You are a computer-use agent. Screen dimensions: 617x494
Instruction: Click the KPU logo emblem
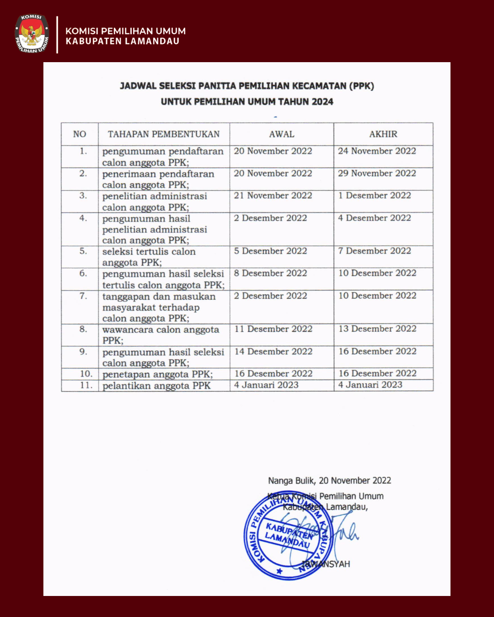(x=32, y=34)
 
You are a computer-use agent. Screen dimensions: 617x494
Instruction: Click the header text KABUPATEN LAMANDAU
(x=122, y=41)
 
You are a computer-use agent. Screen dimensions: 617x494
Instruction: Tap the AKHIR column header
(x=383, y=134)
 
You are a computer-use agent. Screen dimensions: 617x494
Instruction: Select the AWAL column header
(x=281, y=134)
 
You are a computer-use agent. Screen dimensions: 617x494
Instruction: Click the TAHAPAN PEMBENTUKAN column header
(x=164, y=134)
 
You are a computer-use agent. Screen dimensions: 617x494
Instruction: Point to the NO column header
(x=80, y=134)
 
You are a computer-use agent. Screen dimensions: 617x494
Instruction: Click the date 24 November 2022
(x=377, y=151)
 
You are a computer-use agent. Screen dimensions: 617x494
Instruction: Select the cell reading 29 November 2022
(x=377, y=173)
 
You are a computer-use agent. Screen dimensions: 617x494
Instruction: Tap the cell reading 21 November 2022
(x=273, y=196)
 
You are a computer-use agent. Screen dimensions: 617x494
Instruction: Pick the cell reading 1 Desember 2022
(x=375, y=196)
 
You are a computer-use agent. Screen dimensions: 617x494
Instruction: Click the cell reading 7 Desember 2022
(x=375, y=251)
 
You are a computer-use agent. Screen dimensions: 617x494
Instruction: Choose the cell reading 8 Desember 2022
(x=270, y=273)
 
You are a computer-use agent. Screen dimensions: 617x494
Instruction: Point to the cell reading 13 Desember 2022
(x=377, y=329)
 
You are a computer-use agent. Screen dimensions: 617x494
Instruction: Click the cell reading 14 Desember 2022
(x=274, y=351)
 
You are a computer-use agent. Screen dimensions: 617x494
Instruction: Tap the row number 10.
(x=86, y=374)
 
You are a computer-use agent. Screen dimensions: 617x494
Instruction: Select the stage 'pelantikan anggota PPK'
(x=156, y=386)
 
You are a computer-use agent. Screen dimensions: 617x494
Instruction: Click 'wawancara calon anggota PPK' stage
(x=161, y=335)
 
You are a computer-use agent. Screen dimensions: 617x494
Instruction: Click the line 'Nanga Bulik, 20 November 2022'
(x=329, y=480)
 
